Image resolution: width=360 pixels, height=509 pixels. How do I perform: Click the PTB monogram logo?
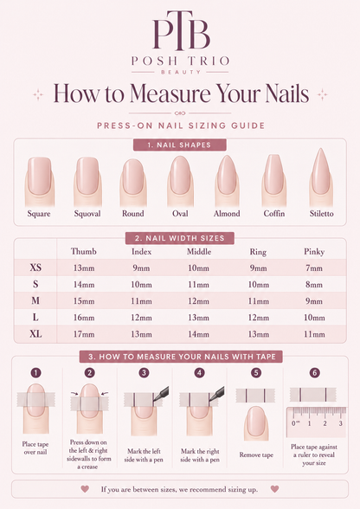pos(181,31)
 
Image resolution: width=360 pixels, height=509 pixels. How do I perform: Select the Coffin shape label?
pos(274,214)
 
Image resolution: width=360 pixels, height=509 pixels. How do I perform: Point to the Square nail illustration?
pos(39,181)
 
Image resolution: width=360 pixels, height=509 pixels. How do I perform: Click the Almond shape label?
pos(227,214)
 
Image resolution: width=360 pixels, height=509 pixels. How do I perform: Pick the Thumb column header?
pos(84,251)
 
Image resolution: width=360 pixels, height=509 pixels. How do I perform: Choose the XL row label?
pos(35,334)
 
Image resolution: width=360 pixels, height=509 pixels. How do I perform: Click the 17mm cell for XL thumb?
pos(84,334)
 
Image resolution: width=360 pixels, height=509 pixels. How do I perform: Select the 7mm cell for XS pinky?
pos(314,268)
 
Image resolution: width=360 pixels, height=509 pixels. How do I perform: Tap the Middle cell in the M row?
pos(199,301)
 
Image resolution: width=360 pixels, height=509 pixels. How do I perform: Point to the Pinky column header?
pos(314,252)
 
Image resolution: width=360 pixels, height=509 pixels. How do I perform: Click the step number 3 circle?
pos(145,372)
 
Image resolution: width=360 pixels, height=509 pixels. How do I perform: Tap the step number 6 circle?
pos(314,372)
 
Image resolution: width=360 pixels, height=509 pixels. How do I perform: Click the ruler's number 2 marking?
pos(325,423)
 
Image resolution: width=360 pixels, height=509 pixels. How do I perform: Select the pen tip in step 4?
pos(210,400)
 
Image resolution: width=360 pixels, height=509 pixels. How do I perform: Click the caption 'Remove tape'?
pos(256,454)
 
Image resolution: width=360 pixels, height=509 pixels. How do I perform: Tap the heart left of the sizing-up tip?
pos(85,488)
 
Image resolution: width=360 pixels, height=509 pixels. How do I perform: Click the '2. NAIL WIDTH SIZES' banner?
pos(180,238)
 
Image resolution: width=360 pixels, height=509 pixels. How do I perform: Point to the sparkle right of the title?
pos(322,94)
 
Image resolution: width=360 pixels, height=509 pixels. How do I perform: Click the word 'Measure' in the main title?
pos(170,93)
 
